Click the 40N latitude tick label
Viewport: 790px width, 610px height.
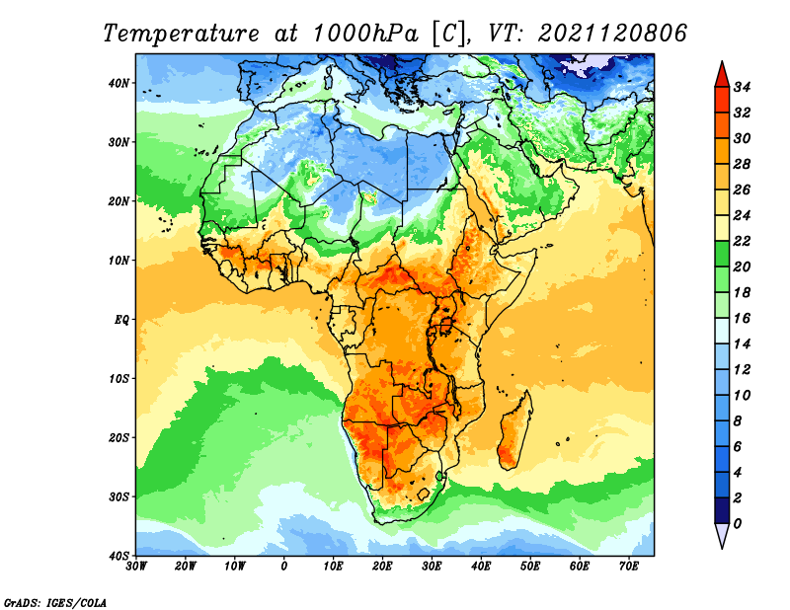point(119,83)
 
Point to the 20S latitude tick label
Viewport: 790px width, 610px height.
point(119,437)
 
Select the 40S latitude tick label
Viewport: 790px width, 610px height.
point(119,555)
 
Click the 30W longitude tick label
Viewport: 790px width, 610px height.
point(136,567)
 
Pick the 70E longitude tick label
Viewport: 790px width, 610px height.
point(628,567)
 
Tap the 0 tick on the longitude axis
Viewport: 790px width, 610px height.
point(284,567)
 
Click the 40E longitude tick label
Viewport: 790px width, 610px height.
point(481,567)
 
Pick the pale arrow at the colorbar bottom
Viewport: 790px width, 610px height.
point(722,535)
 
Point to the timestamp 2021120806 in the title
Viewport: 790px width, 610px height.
point(612,33)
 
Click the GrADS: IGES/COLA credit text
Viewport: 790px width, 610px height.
point(54,600)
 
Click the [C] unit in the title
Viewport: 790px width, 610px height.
point(447,33)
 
